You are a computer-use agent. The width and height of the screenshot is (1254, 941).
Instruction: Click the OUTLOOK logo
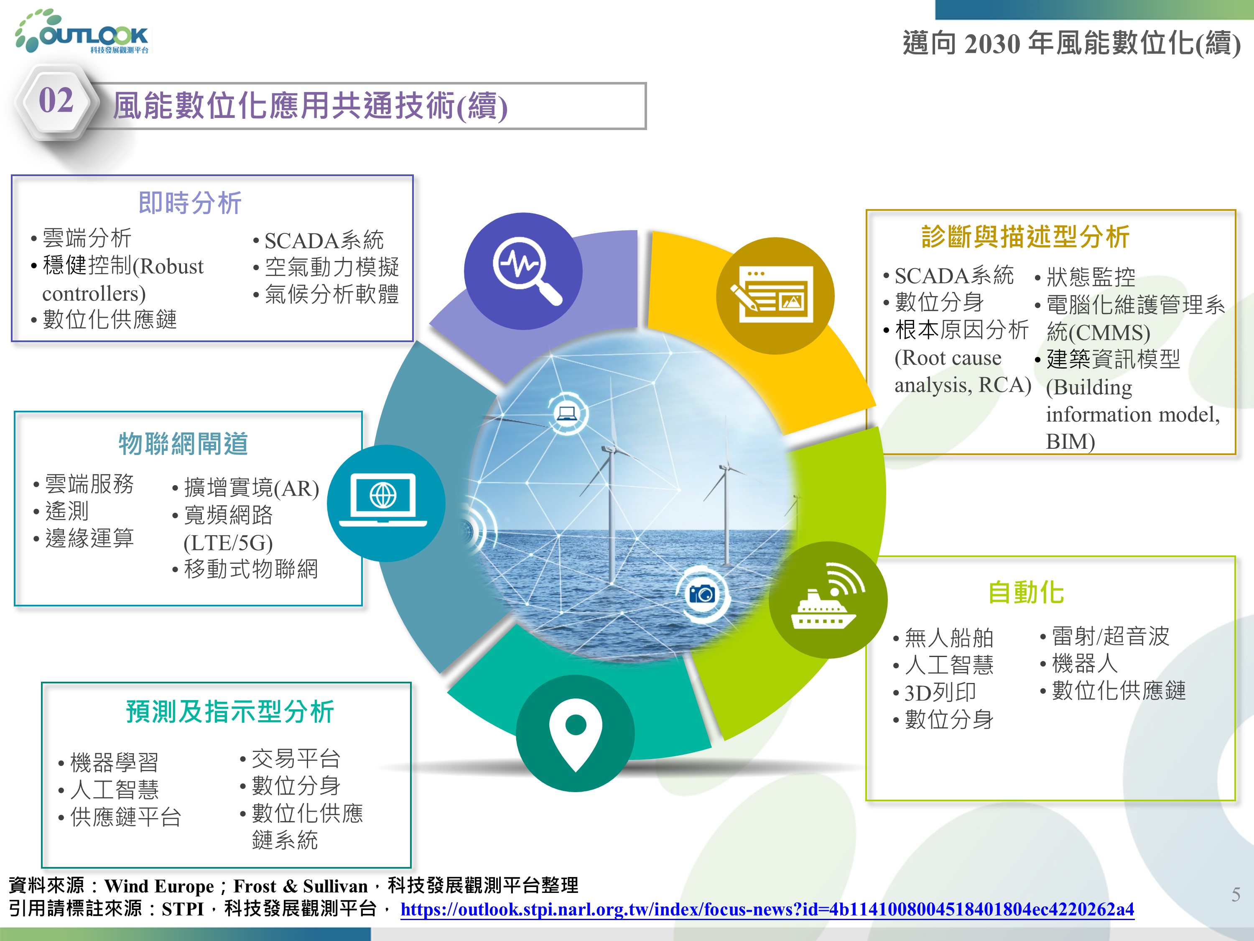[x=83, y=32]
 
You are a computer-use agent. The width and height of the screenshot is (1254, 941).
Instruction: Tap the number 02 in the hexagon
[x=56, y=101]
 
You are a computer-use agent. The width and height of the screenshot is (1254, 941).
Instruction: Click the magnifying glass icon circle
[x=522, y=271]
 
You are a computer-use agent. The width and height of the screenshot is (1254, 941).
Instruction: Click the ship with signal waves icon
[x=828, y=600]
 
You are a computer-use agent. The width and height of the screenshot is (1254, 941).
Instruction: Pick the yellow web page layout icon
[x=775, y=296]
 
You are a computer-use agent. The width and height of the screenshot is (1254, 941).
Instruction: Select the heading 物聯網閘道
[x=183, y=444]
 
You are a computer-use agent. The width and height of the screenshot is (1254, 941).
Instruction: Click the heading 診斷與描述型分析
[x=1025, y=237]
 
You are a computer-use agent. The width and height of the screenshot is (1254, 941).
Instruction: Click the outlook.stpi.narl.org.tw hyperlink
[x=767, y=909]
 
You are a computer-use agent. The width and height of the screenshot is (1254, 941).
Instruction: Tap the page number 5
[x=1236, y=895]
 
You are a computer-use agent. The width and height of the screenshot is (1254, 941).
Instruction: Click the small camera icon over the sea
[x=701, y=594]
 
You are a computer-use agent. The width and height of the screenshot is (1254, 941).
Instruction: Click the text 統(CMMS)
[x=1098, y=332]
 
